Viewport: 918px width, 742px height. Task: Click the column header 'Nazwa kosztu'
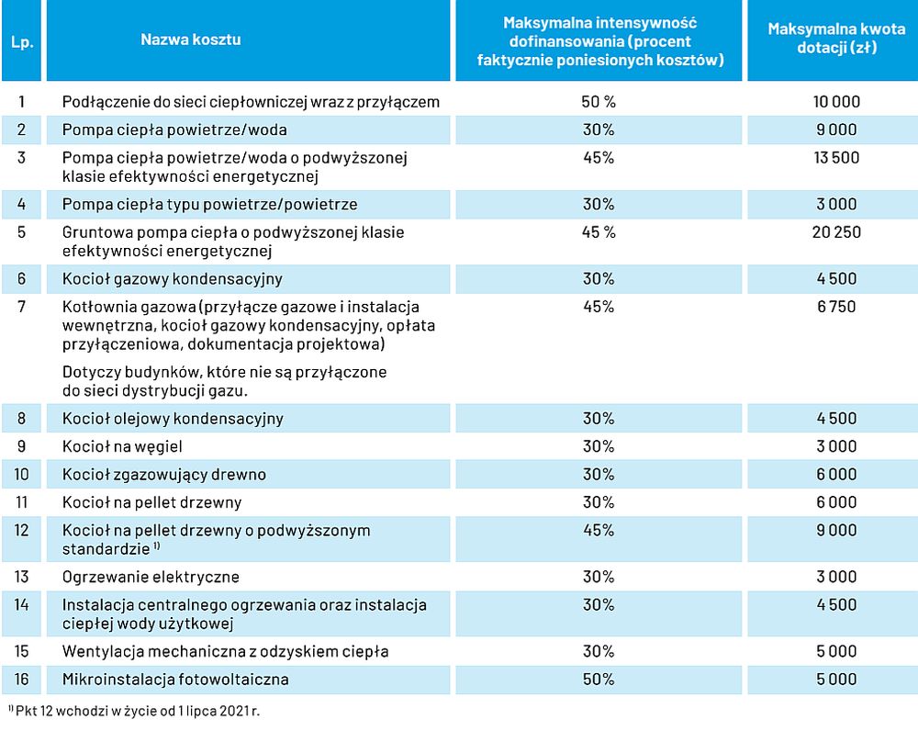pos(190,39)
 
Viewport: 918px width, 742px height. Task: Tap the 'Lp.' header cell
pos(22,42)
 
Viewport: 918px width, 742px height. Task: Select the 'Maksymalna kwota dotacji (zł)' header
pos(836,38)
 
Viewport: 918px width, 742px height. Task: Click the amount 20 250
pos(836,232)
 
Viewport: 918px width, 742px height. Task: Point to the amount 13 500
pos(836,158)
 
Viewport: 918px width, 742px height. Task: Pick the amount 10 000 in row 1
pos(836,102)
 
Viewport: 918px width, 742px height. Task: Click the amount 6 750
pos(836,307)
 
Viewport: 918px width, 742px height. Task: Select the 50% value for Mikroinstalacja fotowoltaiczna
pos(599,680)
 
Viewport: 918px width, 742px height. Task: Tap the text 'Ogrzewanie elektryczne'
pos(151,578)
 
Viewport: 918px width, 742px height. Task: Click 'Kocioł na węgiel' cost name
pos(122,447)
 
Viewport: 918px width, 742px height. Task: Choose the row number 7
pos(22,307)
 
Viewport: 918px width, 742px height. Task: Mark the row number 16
pos(22,680)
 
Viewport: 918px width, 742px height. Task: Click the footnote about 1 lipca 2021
pos(134,711)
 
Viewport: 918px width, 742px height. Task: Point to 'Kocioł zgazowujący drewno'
pos(164,475)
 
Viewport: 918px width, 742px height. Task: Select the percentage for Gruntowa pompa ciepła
pos(599,232)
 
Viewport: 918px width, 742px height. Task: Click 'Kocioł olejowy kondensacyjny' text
pos(173,419)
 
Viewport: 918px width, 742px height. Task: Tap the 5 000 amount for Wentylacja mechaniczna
pos(836,651)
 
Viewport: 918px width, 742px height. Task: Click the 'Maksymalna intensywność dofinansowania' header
pos(599,41)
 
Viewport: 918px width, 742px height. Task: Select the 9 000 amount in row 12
pos(836,531)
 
